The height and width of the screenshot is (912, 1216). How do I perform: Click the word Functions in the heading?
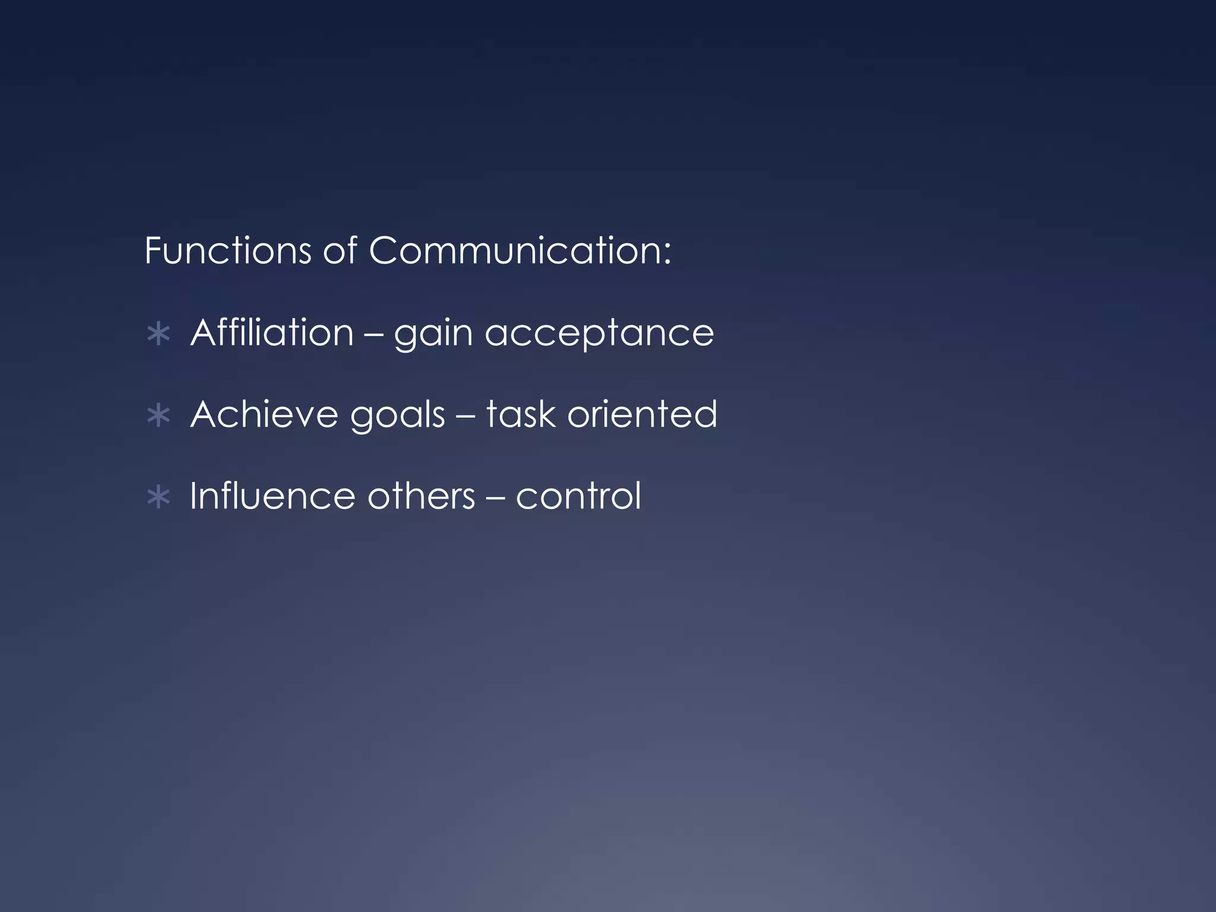coord(227,251)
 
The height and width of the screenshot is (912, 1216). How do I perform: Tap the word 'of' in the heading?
coord(340,251)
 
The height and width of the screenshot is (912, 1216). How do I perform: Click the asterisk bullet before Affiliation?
coord(158,334)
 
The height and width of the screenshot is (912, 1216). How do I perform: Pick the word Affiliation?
coord(272,332)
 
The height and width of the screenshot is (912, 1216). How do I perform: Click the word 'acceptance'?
coord(599,334)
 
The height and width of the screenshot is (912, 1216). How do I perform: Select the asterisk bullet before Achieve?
coord(158,416)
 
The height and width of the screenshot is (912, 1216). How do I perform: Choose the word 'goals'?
coord(397,415)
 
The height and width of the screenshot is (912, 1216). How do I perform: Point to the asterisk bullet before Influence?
coord(158,498)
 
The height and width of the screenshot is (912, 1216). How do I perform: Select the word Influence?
coord(273,496)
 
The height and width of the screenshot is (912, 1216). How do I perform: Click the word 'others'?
coord(421,496)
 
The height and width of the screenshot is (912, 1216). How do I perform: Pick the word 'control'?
coord(578,496)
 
